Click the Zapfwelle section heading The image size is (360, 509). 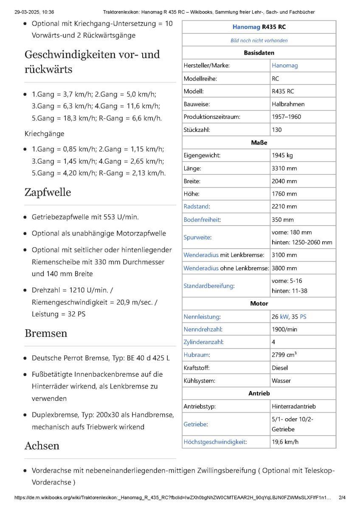click(48, 193)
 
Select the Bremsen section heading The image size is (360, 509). click(46, 333)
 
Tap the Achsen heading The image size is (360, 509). click(42, 446)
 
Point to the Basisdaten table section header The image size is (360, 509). click(259, 53)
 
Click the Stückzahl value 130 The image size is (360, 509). click(277, 130)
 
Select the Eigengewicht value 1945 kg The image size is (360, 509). click(282, 155)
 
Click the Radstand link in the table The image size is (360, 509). click(196, 207)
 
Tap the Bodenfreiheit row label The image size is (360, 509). click(202, 220)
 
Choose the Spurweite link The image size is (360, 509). click(197, 238)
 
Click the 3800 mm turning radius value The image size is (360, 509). click(284, 268)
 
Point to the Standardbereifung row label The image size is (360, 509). click(208, 286)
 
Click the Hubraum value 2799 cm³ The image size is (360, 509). click(284, 355)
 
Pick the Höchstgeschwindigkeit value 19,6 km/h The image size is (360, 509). click(285, 442)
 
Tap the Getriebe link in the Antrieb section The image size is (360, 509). click(196, 424)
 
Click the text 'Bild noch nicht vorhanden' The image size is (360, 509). click(259, 41)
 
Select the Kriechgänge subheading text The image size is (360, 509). click(45, 134)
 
